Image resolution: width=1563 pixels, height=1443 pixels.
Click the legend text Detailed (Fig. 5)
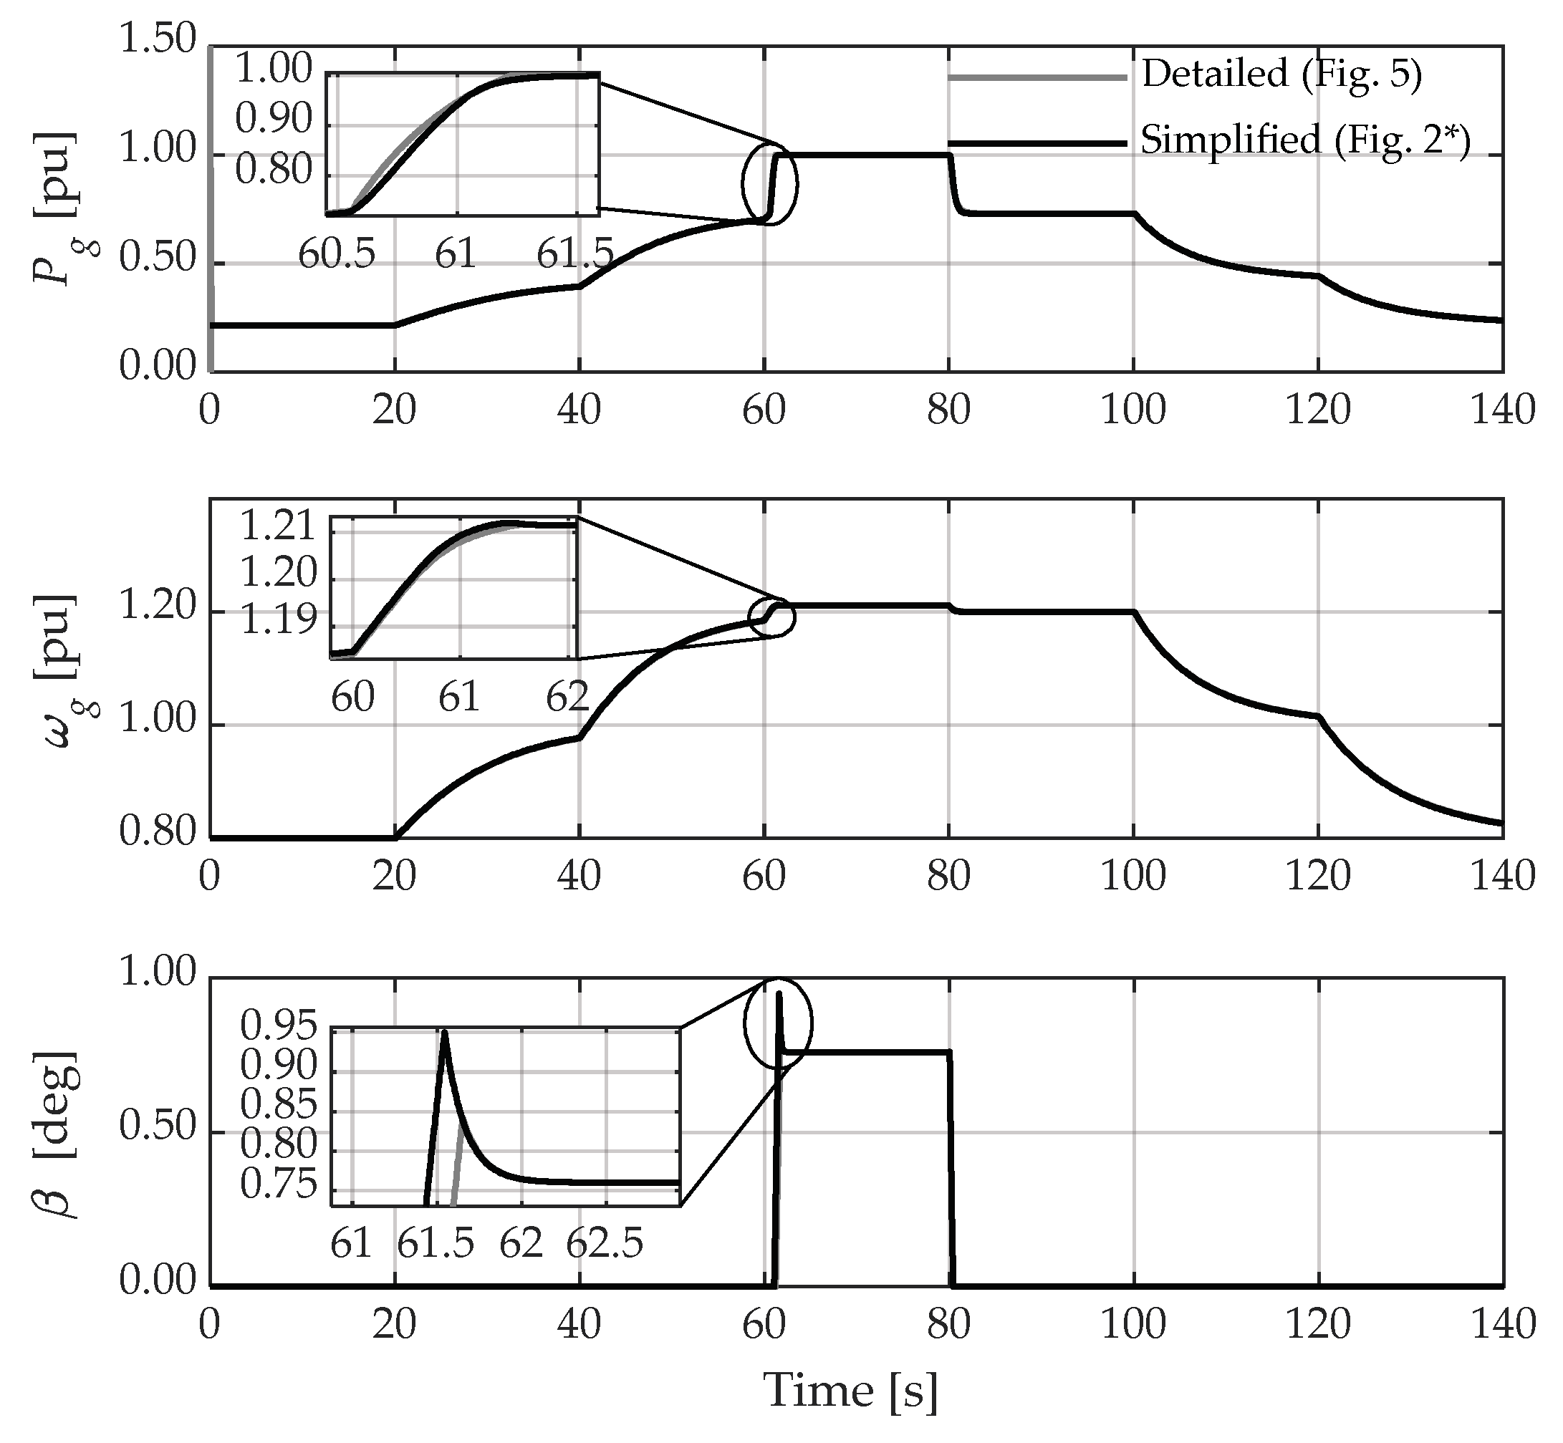1281,75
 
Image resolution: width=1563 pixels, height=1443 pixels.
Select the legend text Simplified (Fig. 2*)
1305,141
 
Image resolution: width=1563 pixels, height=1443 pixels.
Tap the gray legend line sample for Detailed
1037,77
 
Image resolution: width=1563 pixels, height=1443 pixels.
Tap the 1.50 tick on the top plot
156,39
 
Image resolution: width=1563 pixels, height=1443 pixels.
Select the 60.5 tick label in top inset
337,254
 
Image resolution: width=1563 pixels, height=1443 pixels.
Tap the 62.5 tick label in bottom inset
605,1244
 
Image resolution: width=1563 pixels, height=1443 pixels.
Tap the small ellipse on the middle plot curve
771,617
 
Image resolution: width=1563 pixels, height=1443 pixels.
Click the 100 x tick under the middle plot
1132,877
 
